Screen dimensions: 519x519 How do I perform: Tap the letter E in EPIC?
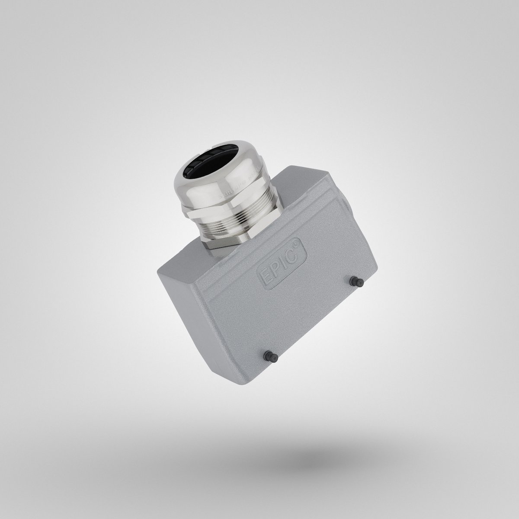265,276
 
